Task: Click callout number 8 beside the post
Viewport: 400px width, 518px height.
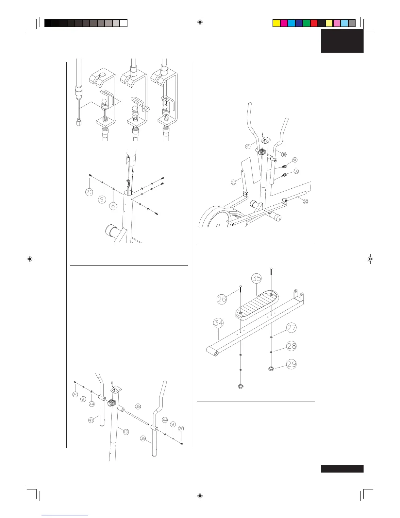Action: (x=113, y=206)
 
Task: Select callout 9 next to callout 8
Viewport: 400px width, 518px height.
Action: (x=102, y=199)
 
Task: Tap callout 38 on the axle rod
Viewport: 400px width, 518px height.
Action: (x=138, y=406)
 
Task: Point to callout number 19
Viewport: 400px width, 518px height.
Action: (x=126, y=432)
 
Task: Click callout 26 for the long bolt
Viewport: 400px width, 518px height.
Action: (x=222, y=299)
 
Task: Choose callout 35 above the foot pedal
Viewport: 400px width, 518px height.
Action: (x=257, y=278)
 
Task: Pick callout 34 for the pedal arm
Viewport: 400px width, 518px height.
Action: (x=218, y=323)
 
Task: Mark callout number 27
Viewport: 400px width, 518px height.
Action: (x=292, y=328)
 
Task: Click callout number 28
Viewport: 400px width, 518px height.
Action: (x=292, y=346)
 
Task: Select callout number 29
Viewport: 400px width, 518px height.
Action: (x=292, y=364)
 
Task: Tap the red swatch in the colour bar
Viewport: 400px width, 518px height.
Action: (x=314, y=23)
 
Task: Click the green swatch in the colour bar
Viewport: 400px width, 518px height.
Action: (x=307, y=23)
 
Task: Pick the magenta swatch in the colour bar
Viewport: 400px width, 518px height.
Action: (x=284, y=23)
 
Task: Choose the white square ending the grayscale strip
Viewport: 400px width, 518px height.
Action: (x=124, y=23)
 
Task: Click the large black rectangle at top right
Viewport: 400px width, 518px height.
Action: (x=342, y=41)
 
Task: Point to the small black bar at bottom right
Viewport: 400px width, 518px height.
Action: (x=342, y=469)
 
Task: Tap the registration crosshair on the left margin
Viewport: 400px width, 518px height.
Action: (x=30, y=259)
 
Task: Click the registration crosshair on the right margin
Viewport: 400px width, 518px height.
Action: (x=370, y=259)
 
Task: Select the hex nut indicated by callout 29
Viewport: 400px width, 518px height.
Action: (x=271, y=369)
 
